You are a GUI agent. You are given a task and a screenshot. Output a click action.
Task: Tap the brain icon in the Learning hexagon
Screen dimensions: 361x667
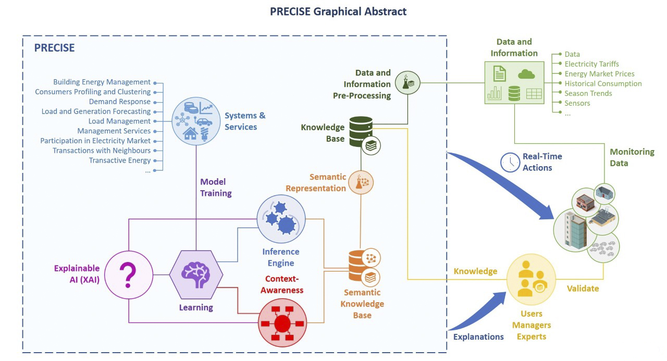[196, 274]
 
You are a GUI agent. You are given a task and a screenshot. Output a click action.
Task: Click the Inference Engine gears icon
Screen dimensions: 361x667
[281, 219]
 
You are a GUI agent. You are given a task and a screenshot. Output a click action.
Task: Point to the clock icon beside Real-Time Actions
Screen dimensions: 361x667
[510, 163]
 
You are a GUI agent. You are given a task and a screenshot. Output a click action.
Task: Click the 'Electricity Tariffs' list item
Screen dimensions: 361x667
[591, 64]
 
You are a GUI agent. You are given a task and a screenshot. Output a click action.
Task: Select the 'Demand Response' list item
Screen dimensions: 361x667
[119, 102]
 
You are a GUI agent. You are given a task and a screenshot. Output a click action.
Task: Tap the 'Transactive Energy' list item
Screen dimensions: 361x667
[120, 160]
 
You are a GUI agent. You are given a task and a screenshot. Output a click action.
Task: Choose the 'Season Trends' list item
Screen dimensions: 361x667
[588, 93]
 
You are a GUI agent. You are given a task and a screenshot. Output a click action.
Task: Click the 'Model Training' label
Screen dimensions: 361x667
[216, 188]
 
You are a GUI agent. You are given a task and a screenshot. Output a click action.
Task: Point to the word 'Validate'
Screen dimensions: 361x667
[583, 288]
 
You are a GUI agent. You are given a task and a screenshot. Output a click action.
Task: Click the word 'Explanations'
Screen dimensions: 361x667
[478, 337]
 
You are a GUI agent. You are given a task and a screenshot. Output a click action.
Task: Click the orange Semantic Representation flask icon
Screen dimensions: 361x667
[361, 182]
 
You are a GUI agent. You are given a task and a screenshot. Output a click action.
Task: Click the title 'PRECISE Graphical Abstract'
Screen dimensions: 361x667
[338, 11]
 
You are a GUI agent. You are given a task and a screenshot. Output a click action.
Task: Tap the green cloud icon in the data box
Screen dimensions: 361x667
[526, 74]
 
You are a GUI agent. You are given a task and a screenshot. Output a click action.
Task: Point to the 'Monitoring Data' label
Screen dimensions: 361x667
[632, 157]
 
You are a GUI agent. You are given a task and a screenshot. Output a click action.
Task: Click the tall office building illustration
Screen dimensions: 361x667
[575, 229]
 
